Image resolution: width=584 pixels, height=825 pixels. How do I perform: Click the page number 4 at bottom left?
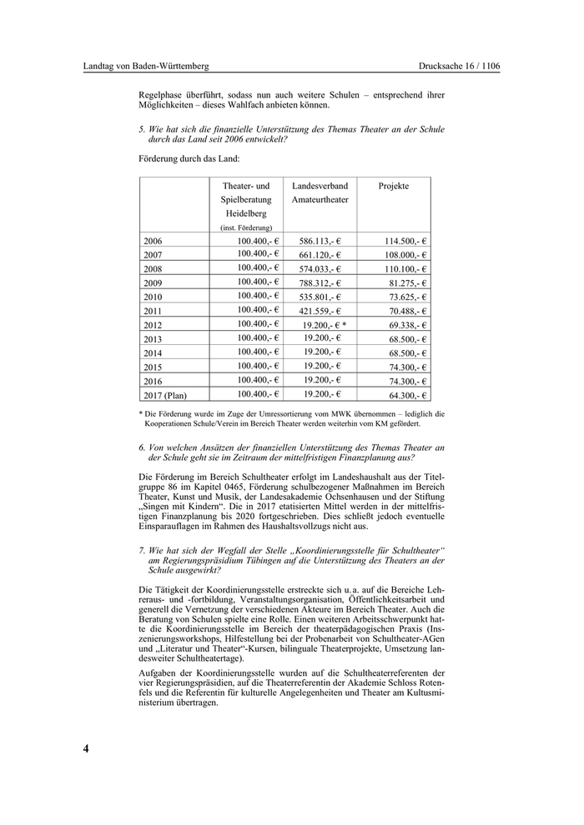pos(86,747)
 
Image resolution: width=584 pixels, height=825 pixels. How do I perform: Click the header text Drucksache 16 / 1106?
pos(459,66)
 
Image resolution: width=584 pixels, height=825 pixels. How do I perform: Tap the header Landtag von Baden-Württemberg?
pos(146,66)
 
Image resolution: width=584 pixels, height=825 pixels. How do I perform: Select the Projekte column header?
pos(394,186)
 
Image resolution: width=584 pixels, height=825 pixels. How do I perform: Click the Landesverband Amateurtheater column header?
pos(320,192)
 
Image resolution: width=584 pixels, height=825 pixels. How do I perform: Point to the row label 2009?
pos(153,283)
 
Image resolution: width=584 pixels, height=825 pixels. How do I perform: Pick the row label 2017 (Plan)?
pos(165,395)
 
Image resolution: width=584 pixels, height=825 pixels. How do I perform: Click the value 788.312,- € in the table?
pos(320,282)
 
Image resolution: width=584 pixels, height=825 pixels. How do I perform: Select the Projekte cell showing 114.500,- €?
pos(401,241)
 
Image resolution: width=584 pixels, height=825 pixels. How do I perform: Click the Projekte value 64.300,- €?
pos(403,395)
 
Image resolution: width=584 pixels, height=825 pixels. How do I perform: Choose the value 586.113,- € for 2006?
pos(320,241)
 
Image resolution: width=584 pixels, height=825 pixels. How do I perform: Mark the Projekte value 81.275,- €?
pos(404,282)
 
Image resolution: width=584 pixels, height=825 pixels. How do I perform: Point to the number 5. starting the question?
pos(143,129)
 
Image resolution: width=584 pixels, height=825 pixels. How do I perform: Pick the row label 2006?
pos(153,242)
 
